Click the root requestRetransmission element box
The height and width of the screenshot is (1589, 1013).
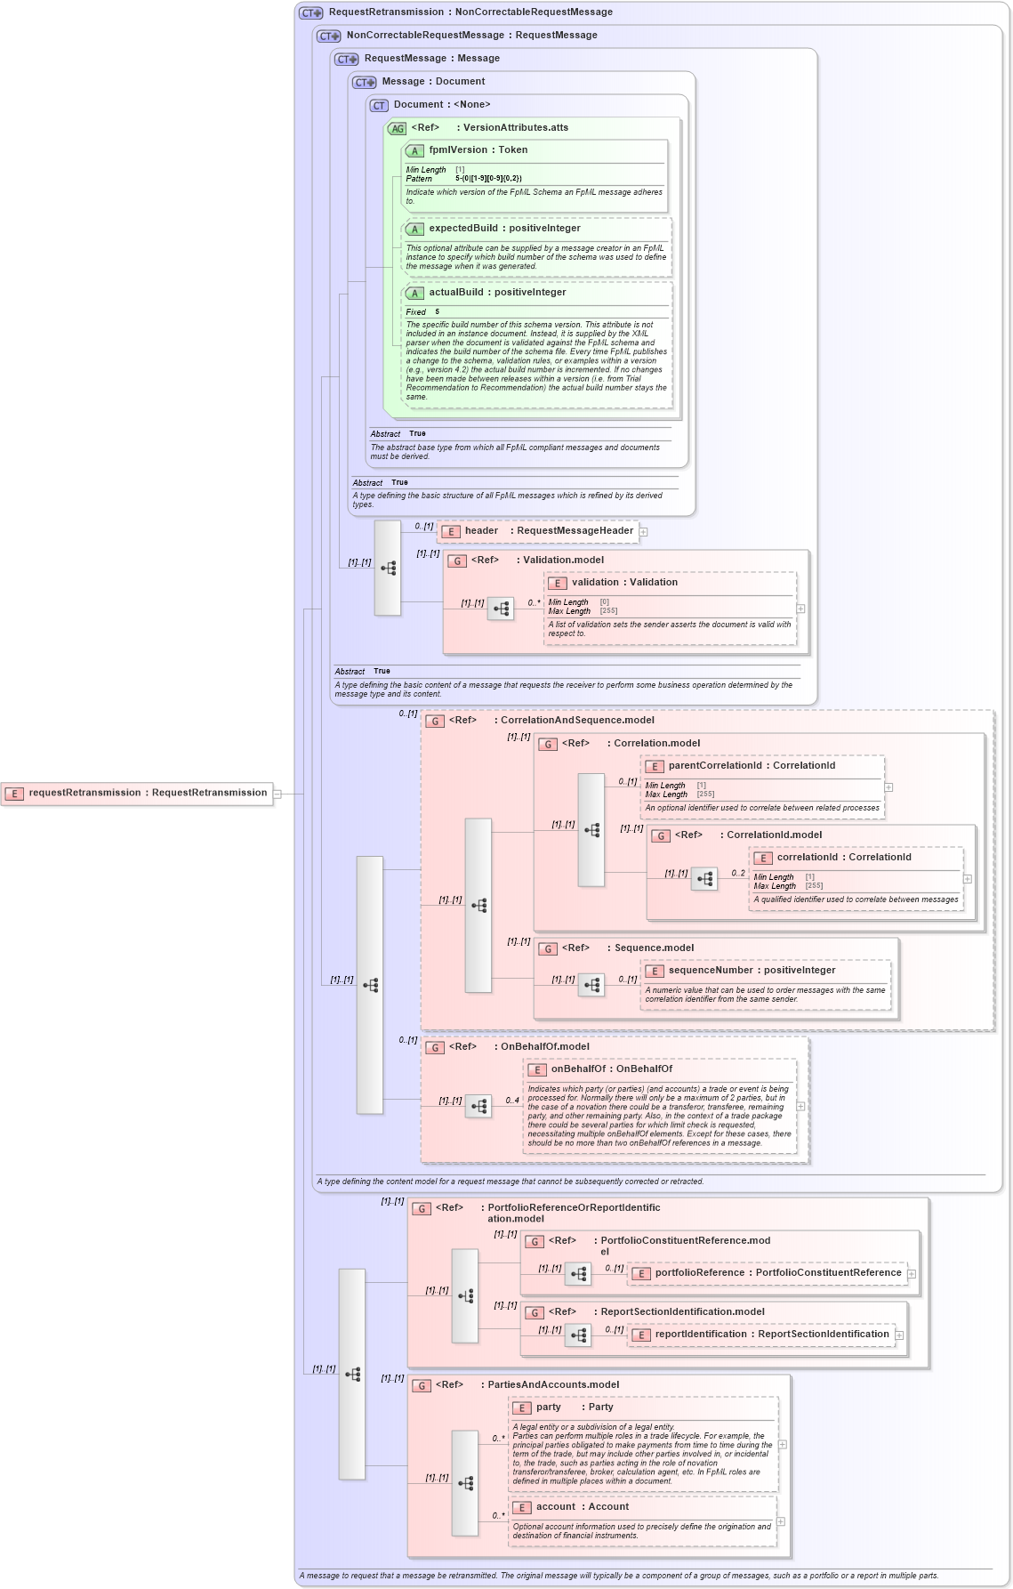[138, 793]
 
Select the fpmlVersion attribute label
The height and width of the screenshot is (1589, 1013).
[478, 150]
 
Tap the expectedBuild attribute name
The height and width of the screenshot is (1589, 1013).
[462, 229]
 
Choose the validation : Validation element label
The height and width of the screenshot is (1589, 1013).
[623, 583]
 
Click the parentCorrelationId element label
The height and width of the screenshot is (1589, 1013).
[752, 766]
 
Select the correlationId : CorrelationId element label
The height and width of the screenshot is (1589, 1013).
[843, 858]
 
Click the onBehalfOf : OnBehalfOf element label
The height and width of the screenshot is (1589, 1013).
[611, 1069]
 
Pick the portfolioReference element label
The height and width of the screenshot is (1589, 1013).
[777, 1273]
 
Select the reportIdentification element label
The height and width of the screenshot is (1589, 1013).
[771, 1335]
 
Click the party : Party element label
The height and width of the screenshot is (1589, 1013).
[574, 1408]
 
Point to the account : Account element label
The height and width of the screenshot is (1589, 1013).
[582, 1507]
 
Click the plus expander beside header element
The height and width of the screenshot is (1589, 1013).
[643, 532]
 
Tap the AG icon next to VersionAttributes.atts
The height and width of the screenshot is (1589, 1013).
[397, 128]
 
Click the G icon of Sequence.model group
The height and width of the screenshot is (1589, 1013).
[548, 948]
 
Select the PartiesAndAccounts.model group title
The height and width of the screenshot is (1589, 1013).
[552, 1385]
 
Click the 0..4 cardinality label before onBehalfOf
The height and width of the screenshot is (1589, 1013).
[512, 1101]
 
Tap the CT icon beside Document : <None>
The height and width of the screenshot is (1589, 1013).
[379, 105]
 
